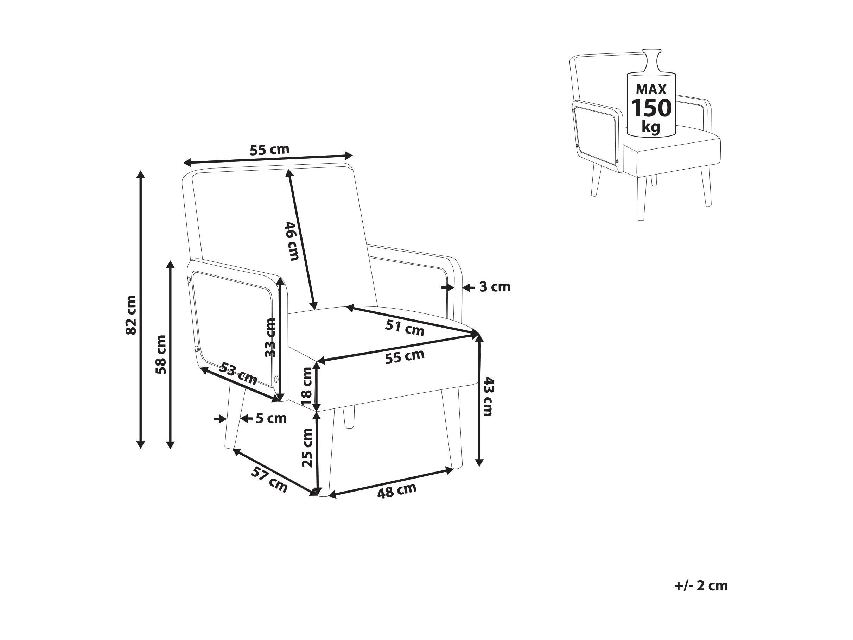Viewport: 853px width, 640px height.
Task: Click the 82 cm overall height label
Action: coord(131,315)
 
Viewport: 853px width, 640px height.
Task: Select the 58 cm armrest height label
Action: coord(161,355)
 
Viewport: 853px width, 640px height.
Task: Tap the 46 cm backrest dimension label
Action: coord(292,241)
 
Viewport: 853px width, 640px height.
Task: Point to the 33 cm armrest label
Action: coord(271,337)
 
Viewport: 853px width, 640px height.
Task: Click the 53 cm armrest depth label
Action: coord(238,373)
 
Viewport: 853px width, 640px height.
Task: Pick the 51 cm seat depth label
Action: coord(405,328)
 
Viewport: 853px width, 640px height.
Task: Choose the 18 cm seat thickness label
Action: coord(307,386)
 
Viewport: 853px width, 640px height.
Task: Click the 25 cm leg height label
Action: coord(307,448)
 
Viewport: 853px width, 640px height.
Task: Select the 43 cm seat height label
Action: coord(488,397)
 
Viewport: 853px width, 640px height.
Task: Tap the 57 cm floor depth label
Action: coord(269,479)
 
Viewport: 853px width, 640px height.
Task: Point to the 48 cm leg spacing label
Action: coord(397,491)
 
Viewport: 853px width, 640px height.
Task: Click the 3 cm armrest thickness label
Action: coord(495,287)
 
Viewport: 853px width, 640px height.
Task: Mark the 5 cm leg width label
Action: coord(271,418)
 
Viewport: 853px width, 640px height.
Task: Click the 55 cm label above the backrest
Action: coord(269,150)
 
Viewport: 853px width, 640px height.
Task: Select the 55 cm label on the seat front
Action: coord(405,356)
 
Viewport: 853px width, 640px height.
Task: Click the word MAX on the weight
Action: coord(651,89)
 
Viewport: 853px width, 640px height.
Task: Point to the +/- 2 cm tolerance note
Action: coord(701,585)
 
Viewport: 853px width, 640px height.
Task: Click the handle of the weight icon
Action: coord(651,61)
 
